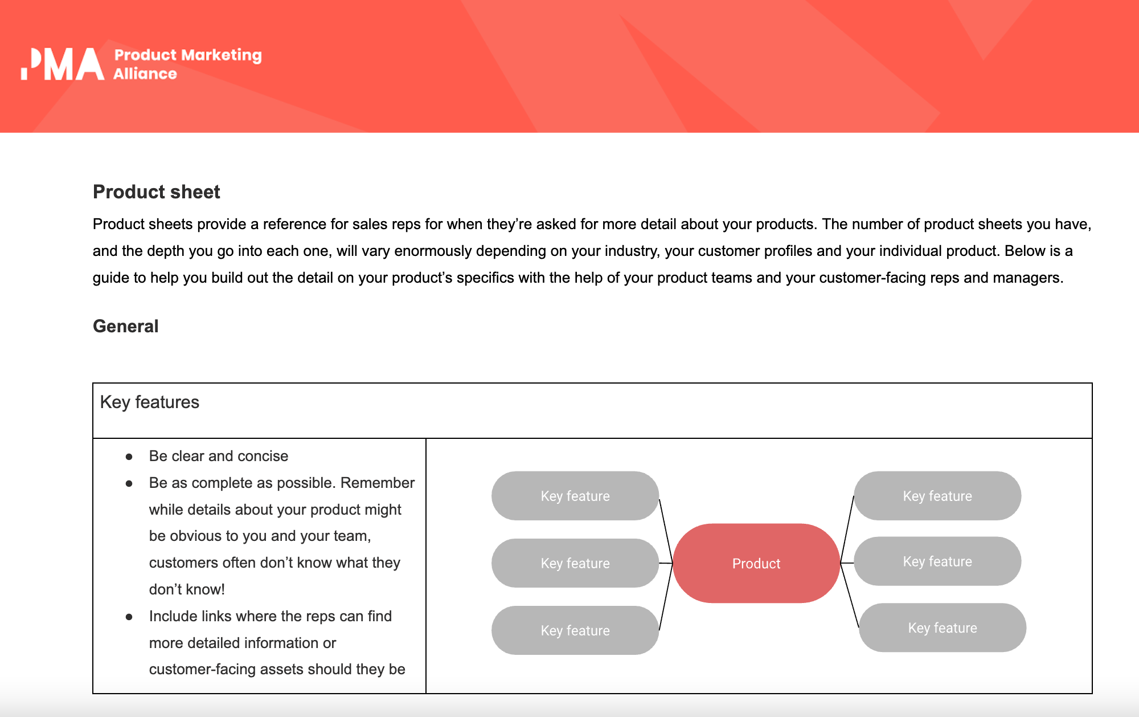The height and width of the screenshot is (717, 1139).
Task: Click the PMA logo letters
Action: [63, 64]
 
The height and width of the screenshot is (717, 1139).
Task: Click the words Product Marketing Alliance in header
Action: [187, 64]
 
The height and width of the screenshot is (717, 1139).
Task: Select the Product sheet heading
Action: [156, 192]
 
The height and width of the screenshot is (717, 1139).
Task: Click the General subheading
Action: [125, 326]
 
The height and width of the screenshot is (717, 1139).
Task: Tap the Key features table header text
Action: [149, 402]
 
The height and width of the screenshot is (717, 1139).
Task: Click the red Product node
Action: [756, 563]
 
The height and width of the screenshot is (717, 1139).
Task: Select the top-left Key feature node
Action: [575, 496]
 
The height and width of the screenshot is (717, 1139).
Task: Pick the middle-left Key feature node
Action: [575, 563]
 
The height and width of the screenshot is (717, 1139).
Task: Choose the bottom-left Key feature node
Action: [575, 630]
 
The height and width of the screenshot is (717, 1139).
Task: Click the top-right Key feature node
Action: [937, 496]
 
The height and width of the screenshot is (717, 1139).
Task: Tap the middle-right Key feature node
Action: [937, 561]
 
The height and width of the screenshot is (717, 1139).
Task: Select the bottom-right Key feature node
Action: [942, 628]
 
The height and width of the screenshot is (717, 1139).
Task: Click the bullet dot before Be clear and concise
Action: [129, 457]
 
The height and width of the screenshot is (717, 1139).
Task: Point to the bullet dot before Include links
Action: [129, 617]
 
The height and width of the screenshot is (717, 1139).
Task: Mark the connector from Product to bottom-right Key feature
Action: [850, 596]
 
